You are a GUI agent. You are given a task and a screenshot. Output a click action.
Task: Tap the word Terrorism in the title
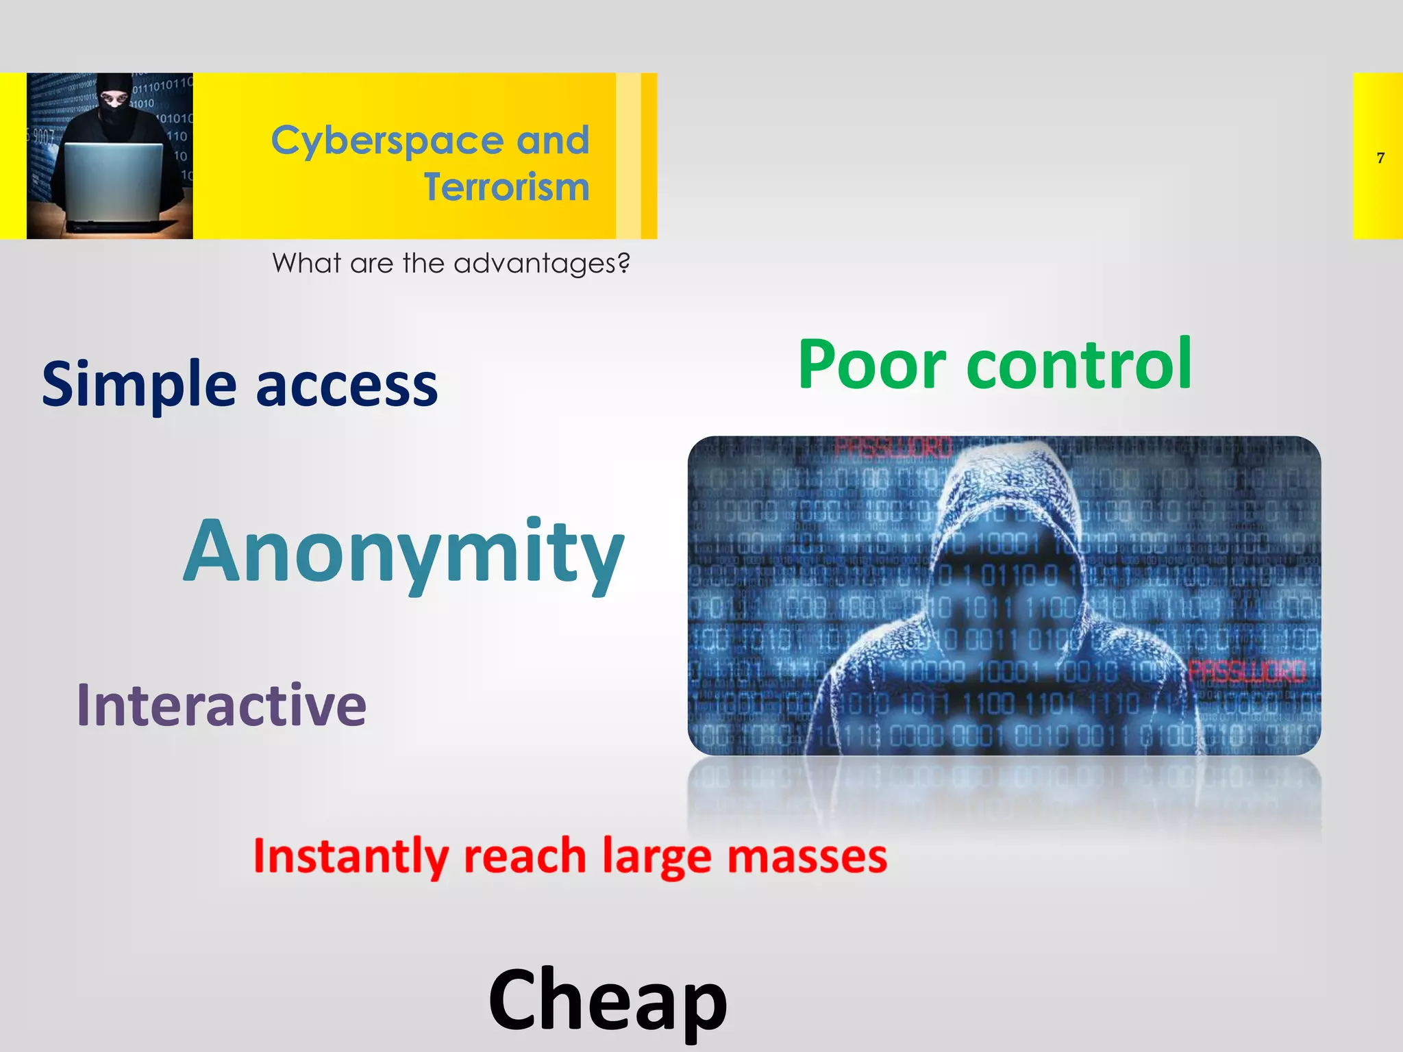(506, 187)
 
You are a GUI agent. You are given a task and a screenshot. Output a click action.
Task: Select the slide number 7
(1380, 158)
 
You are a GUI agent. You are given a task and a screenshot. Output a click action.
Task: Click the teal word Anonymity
(403, 552)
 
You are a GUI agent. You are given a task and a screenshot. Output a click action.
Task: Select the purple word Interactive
(221, 705)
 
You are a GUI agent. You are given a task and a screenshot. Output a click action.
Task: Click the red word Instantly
(350, 856)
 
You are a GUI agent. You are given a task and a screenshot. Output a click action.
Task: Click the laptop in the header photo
(114, 184)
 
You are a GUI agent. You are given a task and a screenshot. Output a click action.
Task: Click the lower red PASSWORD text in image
(1246, 671)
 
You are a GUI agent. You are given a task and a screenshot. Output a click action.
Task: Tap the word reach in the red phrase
(525, 856)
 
